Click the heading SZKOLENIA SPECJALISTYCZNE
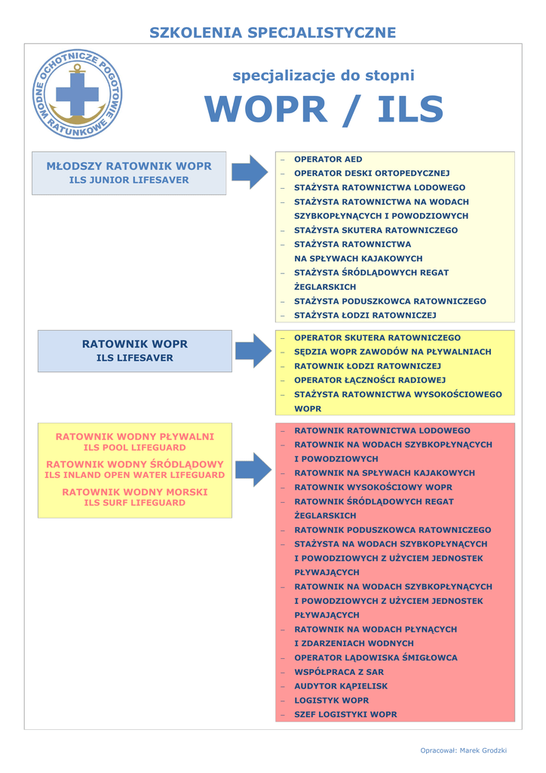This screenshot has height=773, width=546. (272, 32)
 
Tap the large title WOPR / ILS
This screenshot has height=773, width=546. (324, 110)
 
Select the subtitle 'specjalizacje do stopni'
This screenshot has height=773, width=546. (324, 75)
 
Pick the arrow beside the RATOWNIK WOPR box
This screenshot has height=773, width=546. (253, 350)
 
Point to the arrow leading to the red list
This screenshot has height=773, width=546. (253, 470)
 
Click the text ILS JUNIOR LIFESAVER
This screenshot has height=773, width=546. (129, 180)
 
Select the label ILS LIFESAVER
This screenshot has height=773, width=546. (135, 358)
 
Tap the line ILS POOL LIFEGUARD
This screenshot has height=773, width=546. (135, 448)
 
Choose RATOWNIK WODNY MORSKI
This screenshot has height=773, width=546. (135, 492)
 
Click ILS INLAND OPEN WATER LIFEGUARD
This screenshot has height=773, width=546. (135, 475)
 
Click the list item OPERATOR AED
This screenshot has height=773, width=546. (328, 159)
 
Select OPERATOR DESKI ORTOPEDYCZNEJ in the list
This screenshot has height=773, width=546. (372, 174)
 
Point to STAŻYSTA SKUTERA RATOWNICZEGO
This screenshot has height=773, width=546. (376, 230)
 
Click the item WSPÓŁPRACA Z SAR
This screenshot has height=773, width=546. (339, 672)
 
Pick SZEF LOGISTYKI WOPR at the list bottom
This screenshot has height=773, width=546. (345, 714)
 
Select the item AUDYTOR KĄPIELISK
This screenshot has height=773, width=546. (341, 686)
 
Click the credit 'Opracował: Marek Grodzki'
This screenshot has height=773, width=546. (463, 750)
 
